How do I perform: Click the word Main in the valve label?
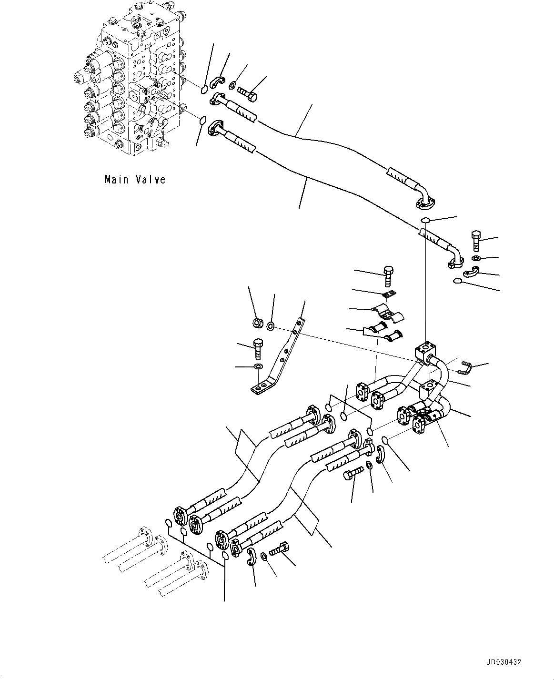click(x=115, y=180)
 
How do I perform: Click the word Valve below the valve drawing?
click(x=149, y=180)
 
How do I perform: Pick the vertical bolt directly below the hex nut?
click(x=257, y=348)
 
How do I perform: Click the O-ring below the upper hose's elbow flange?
click(x=425, y=220)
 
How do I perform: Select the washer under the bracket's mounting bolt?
click(x=258, y=366)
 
